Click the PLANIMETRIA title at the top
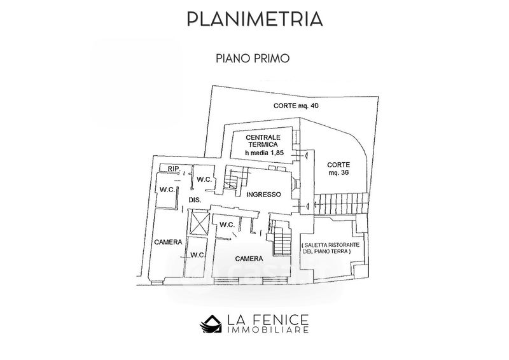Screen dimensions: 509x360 255,19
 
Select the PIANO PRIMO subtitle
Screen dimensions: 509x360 253,59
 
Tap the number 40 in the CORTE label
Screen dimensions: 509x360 314,106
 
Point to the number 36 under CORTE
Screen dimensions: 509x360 343,173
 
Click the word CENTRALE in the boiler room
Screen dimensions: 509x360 263,137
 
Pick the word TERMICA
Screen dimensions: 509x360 263,144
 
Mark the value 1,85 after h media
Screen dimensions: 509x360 277,153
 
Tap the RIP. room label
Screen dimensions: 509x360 174,169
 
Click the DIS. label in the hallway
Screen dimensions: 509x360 195,200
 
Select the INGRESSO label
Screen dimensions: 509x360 263,195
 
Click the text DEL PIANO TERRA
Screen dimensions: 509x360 326,252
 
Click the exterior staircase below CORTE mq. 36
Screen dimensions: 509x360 342,204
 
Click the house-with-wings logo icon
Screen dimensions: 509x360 211,324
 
